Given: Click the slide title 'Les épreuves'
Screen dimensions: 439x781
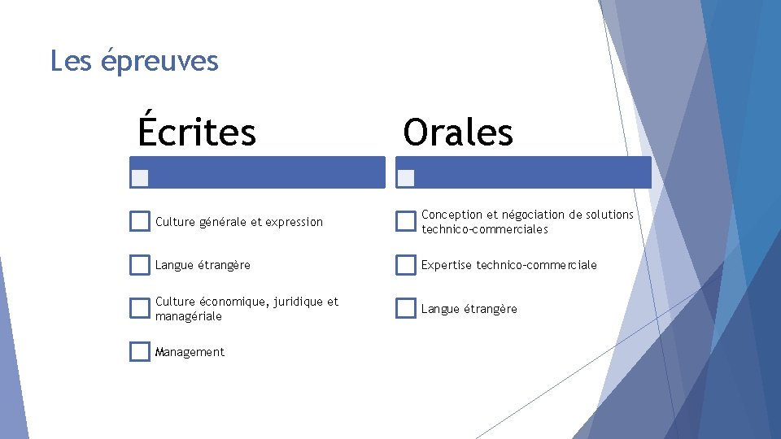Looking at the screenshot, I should tap(134, 61).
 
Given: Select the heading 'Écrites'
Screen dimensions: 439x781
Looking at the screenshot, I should tap(197, 131).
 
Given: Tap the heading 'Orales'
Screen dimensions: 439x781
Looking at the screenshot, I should tap(458, 131).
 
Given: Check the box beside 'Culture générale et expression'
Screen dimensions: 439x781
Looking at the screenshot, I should tap(140, 221).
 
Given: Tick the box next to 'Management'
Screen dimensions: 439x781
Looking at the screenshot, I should tap(140, 351).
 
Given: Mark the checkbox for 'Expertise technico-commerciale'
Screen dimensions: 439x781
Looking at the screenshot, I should tap(406, 265).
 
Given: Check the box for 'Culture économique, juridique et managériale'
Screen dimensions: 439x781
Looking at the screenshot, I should tap(140, 308).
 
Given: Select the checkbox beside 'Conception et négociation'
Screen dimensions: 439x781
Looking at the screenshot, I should tap(406, 221).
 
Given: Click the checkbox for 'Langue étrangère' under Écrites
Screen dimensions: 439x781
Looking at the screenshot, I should tap(140, 265).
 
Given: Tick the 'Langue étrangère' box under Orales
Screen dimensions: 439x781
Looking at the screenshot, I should tap(406, 308).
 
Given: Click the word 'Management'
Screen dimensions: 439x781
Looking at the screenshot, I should tap(190, 352).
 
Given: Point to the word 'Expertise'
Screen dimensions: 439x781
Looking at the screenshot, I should tap(447, 265).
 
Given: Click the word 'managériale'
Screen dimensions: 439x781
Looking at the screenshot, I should tap(188, 316).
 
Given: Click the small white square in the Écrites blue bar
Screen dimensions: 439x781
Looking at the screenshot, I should tap(141, 178).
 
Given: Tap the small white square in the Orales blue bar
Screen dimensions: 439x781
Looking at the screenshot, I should tap(407, 177).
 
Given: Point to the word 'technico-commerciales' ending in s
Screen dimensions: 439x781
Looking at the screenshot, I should tap(485, 229).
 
